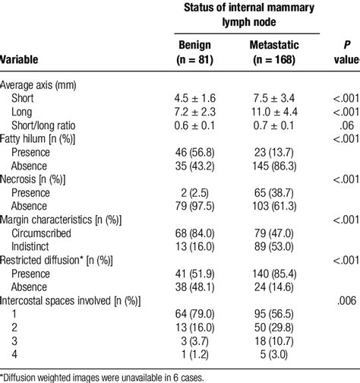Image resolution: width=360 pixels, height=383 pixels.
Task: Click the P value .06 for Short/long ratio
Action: coord(346,125)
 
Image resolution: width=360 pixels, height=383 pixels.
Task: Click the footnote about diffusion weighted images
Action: coord(113,375)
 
